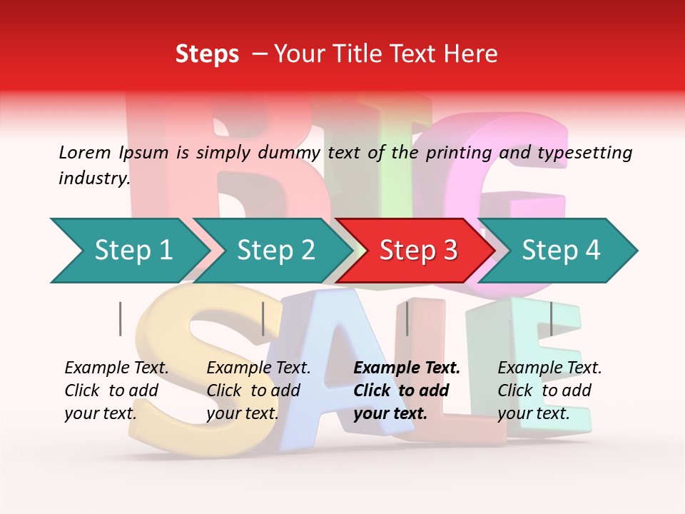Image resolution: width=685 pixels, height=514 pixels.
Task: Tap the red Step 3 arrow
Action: click(x=418, y=251)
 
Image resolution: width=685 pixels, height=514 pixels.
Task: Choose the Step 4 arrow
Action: click(x=561, y=251)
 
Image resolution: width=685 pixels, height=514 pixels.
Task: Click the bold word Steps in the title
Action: click(x=207, y=54)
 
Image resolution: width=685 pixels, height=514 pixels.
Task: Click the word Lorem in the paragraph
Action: click(x=85, y=152)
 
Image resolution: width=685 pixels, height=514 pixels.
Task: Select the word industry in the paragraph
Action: click(x=93, y=178)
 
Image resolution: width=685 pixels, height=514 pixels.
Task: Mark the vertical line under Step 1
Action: click(x=120, y=318)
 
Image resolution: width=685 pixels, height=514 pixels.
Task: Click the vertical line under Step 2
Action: click(x=263, y=318)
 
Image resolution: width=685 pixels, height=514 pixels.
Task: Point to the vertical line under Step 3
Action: click(x=407, y=318)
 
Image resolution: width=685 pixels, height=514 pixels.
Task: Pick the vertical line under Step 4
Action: click(x=551, y=318)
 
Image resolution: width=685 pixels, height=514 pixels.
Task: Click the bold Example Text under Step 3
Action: click(x=407, y=368)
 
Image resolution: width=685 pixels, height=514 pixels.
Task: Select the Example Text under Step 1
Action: click(x=116, y=368)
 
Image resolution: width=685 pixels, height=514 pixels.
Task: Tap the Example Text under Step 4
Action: click(x=549, y=368)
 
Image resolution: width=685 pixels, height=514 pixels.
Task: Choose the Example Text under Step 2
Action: click(x=258, y=368)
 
